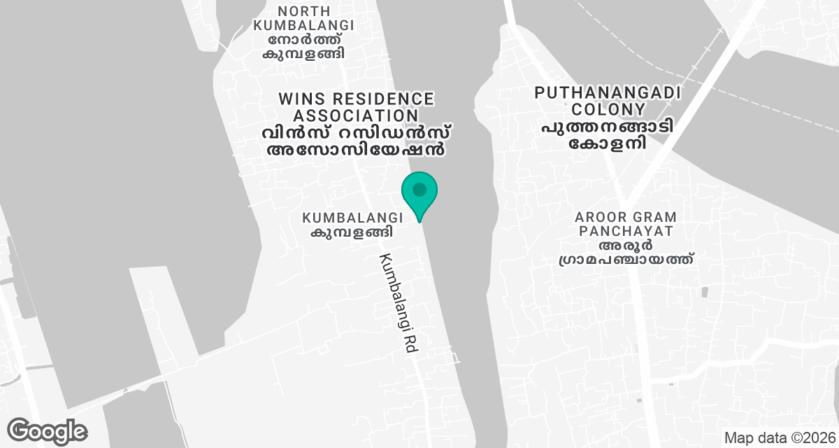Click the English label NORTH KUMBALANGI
[303, 18]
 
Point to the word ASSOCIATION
[357, 115]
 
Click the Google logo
[47, 431]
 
